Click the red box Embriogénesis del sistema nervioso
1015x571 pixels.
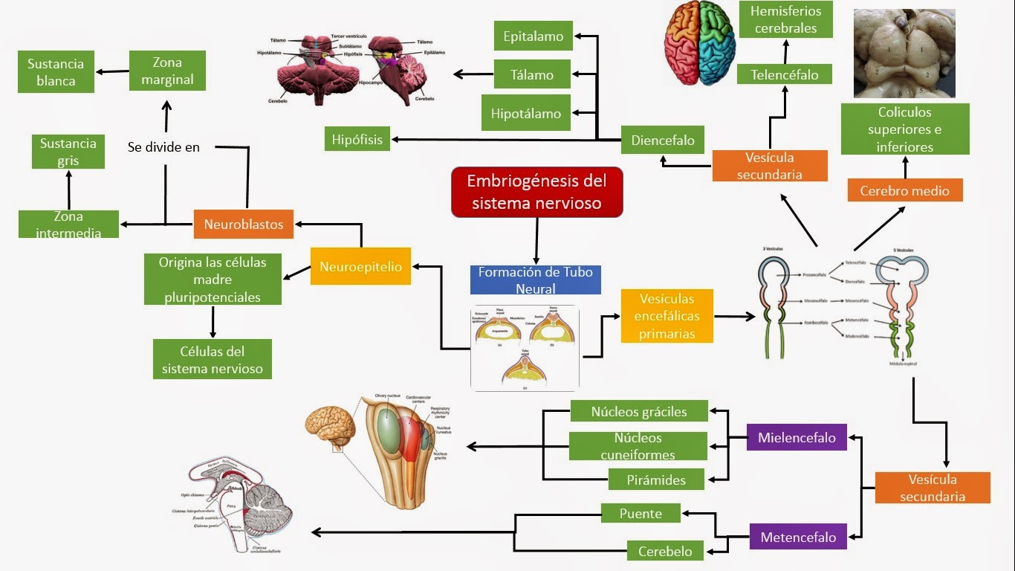[536, 192]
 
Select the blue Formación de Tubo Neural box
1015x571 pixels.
[535, 280]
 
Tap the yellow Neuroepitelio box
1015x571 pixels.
[360, 267]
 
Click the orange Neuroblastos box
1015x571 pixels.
[244, 224]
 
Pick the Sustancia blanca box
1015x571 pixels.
[56, 72]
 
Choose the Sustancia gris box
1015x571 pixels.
[68, 152]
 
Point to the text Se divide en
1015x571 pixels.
[163, 147]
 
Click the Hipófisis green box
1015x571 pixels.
[357, 139]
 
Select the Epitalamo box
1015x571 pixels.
[533, 36]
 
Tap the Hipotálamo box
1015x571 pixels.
[526, 114]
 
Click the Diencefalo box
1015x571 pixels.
[663, 140]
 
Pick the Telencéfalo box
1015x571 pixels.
[784, 74]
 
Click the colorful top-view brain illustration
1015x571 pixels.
[698, 43]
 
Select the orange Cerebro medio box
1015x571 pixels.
[904, 190]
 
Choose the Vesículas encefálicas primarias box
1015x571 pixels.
[667, 316]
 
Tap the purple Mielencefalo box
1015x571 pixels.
[797, 437]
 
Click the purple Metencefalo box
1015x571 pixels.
[798, 537]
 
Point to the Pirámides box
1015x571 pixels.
[656, 480]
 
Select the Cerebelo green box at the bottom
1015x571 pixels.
[665, 551]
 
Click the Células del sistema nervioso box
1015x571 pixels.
[213, 360]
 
